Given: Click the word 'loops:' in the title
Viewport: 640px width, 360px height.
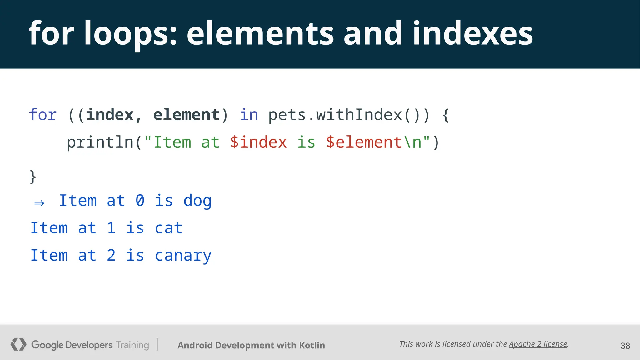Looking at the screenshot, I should [130, 34].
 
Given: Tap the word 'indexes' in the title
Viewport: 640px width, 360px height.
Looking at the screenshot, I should [473, 34].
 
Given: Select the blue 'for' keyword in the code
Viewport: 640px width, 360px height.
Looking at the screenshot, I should [43, 115].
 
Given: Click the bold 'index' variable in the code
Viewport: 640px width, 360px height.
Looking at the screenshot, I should [110, 115].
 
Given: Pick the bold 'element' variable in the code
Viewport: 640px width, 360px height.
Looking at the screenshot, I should [187, 115].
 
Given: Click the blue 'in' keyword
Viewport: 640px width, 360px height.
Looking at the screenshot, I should [249, 115].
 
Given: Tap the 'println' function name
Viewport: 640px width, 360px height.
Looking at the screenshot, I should [100, 142].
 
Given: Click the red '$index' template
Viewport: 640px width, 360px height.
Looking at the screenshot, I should [258, 142].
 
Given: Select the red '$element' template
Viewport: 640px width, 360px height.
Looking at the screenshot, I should [364, 142].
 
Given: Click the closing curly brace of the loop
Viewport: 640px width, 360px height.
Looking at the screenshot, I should [33, 177].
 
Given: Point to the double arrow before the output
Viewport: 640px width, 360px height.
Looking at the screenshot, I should [39, 203].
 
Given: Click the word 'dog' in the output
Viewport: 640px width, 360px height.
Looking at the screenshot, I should [197, 201].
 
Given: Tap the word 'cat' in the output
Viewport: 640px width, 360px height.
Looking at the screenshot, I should [169, 228].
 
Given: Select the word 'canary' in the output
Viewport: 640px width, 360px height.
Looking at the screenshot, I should [183, 256].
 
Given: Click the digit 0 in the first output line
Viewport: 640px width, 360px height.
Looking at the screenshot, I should [140, 201].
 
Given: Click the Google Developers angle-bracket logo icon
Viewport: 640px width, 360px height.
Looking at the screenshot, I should [18, 344].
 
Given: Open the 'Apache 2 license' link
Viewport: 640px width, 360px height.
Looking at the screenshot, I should [538, 344].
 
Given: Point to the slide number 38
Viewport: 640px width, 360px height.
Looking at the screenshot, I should [625, 346].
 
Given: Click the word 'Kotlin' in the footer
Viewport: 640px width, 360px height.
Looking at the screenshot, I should [312, 345].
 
